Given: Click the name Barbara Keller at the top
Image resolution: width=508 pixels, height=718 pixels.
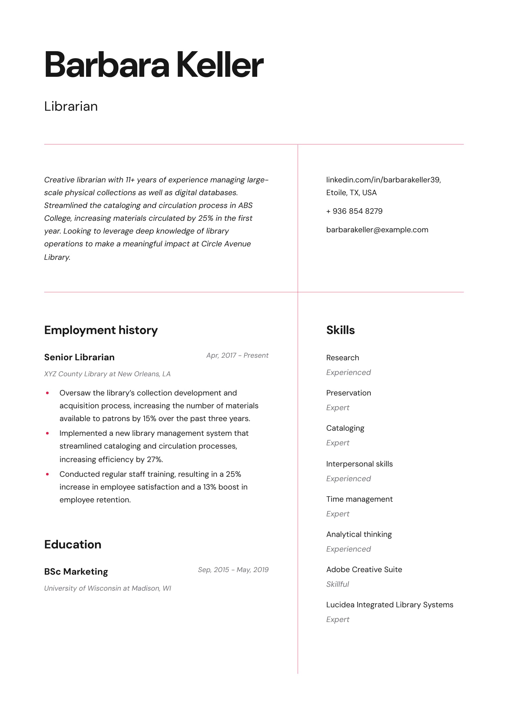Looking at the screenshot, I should [154, 65].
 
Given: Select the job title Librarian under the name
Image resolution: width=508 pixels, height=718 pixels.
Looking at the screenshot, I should [71, 107].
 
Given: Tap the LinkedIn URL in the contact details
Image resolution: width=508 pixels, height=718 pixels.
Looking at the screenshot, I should [383, 180].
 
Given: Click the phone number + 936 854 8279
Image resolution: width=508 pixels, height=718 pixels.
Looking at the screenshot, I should [354, 211].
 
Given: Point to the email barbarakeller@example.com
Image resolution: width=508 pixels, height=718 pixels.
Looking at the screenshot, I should [377, 230].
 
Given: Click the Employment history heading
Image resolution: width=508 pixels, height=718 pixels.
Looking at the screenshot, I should [101, 330].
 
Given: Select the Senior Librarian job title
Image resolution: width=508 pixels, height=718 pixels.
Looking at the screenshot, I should [79, 357].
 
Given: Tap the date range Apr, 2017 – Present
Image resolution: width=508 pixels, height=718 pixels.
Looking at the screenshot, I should [237, 355].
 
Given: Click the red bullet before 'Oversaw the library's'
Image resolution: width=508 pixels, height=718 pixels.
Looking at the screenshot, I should [48, 393].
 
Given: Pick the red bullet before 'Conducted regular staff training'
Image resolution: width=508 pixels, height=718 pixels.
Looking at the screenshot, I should [48, 474].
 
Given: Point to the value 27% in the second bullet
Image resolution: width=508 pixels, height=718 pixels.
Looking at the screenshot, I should [155, 459].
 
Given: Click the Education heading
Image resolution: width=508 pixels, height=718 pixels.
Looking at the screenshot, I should [73, 545].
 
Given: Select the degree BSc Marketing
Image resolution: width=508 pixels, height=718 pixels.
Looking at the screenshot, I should [76, 571].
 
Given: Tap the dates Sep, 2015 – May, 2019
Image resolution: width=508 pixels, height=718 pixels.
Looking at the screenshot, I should [233, 570].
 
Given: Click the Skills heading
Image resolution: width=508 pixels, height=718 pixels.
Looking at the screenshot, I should [340, 330].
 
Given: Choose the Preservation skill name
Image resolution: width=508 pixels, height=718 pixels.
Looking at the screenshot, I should [348, 393].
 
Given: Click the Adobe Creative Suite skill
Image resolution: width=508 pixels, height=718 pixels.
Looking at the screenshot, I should [364, 570].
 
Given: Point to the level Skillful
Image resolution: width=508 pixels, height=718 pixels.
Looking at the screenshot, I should [337, 584].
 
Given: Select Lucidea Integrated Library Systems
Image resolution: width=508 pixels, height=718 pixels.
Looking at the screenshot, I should [389, 605].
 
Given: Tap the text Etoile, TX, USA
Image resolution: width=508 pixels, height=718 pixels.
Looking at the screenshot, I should [351, 193].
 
